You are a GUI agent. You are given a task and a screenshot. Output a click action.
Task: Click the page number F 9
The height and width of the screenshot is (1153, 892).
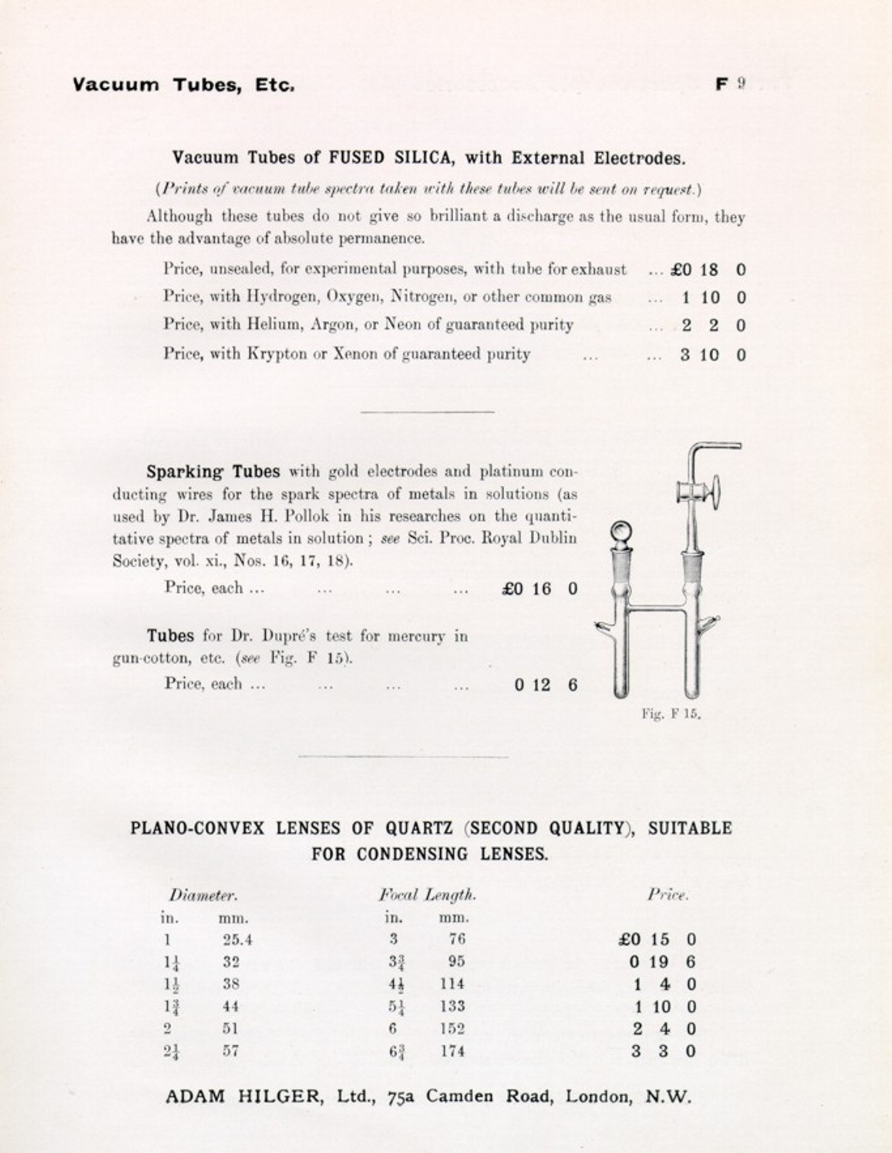point(730,84)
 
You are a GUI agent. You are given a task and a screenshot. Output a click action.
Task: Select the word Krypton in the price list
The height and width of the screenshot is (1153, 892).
point(278,355)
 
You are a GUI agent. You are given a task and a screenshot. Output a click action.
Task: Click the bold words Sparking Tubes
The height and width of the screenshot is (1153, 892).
point(213,471)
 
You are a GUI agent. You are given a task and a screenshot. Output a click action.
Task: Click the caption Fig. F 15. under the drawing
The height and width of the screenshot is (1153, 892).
point(671,714)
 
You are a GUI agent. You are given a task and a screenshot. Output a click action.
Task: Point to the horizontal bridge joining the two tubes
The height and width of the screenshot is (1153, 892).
point(654,608)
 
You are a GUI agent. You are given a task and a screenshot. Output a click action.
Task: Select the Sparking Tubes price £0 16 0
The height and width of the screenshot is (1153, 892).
point(539,589)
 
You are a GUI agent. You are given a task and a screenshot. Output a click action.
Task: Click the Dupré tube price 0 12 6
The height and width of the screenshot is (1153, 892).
point(546,685)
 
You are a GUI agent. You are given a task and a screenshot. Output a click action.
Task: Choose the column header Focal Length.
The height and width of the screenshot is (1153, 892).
point(427,894)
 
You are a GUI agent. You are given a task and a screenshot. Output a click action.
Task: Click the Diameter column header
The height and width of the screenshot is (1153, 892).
point(202,895)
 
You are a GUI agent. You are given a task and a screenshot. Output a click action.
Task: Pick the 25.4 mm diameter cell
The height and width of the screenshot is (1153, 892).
point(237,940)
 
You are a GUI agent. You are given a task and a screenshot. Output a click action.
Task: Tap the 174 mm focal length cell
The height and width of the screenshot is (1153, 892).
point(452,1051)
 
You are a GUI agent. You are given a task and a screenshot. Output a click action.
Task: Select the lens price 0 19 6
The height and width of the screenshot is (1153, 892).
point(662,962)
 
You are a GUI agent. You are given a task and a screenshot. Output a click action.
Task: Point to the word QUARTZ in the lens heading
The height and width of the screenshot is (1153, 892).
point(419,829)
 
